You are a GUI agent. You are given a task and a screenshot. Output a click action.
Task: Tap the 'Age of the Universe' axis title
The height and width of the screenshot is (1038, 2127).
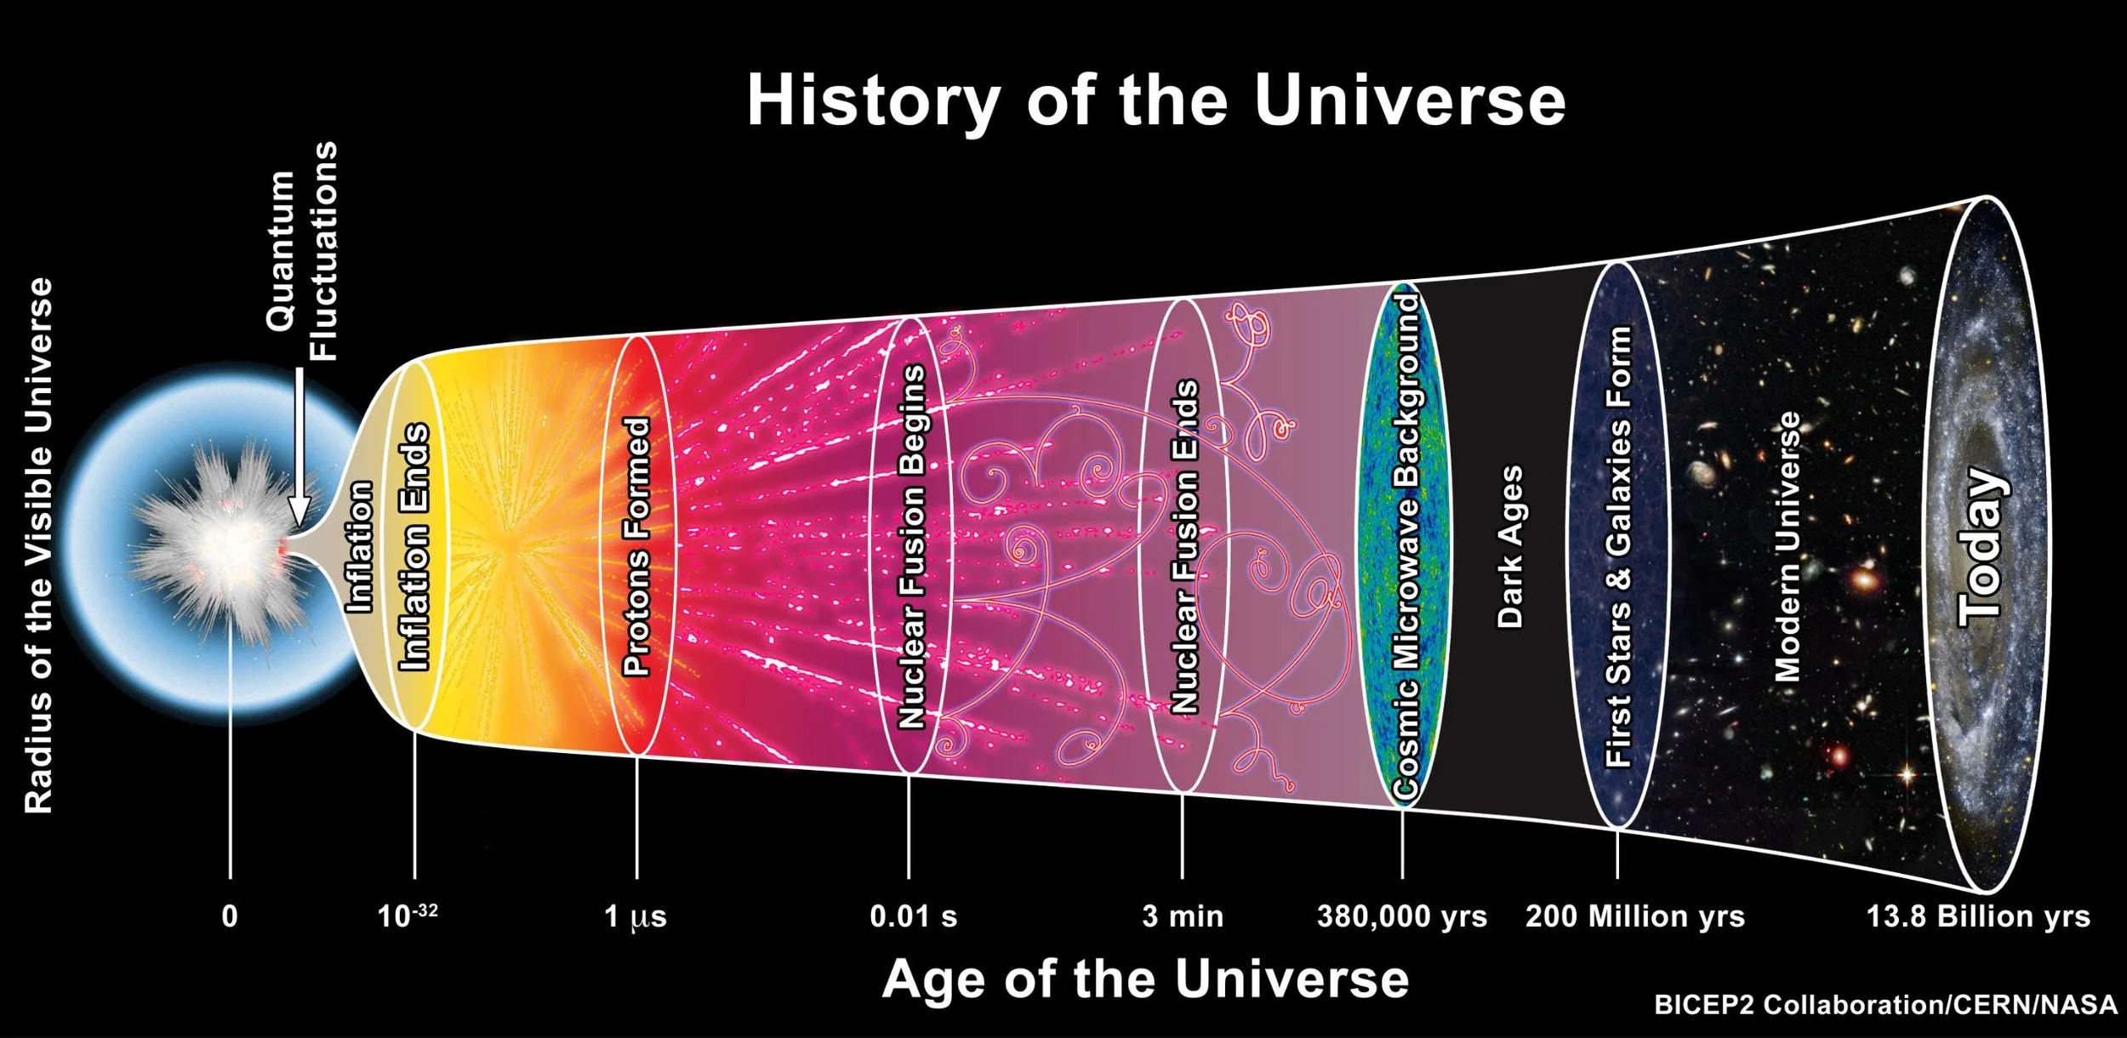tap(1145, 979)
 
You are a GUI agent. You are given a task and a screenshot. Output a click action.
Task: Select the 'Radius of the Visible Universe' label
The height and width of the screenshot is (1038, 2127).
tap(39, 545)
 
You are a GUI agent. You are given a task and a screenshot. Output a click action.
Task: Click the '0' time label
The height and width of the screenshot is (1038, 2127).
tap(230, 917)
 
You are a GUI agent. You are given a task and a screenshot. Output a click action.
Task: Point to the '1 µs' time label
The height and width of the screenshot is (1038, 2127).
tap(636, 917)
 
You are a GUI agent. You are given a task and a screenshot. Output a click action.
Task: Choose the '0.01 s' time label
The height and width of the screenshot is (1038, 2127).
tap(913, 917)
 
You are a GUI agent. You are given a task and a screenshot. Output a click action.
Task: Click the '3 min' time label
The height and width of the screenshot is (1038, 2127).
tap(1183, 917)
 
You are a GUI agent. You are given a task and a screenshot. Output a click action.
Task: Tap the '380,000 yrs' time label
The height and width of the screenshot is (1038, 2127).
tap(1402, 917)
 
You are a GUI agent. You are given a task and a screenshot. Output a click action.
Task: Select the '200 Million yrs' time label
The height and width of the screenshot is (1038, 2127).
tap(1634, 917)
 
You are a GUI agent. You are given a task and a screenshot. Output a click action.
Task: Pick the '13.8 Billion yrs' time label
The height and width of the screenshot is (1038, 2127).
tap(1978, 917)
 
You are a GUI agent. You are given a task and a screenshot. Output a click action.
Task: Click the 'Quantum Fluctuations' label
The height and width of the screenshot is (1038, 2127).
tap(302, 252)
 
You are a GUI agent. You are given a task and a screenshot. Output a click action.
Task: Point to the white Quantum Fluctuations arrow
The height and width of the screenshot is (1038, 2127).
tap(299, 451)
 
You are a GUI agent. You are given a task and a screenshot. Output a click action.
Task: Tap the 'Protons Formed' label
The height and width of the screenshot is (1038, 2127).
tap(637, 546)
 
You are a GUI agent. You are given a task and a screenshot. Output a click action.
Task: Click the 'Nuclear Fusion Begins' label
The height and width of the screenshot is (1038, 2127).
tap(912, 546)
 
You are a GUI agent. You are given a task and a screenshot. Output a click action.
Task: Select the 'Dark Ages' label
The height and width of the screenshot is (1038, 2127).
tap(1510, 546)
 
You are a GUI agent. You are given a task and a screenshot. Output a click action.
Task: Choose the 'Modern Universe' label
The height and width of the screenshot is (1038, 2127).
tap(1788, 546)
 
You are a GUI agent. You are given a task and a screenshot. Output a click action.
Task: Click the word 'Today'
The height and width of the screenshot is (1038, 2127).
tap(1982, 546)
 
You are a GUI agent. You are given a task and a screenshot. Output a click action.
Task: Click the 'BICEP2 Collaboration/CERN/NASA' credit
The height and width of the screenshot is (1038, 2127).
tap(1885, 1005)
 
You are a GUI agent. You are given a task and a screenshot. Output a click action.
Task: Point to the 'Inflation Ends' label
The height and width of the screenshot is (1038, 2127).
tap(415, 546)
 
